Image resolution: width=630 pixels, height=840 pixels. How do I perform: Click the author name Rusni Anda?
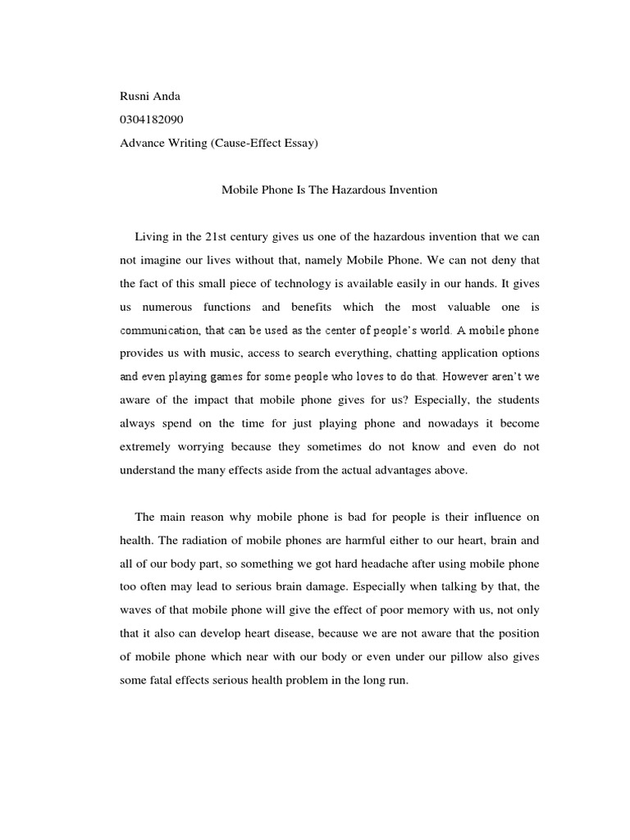149,96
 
